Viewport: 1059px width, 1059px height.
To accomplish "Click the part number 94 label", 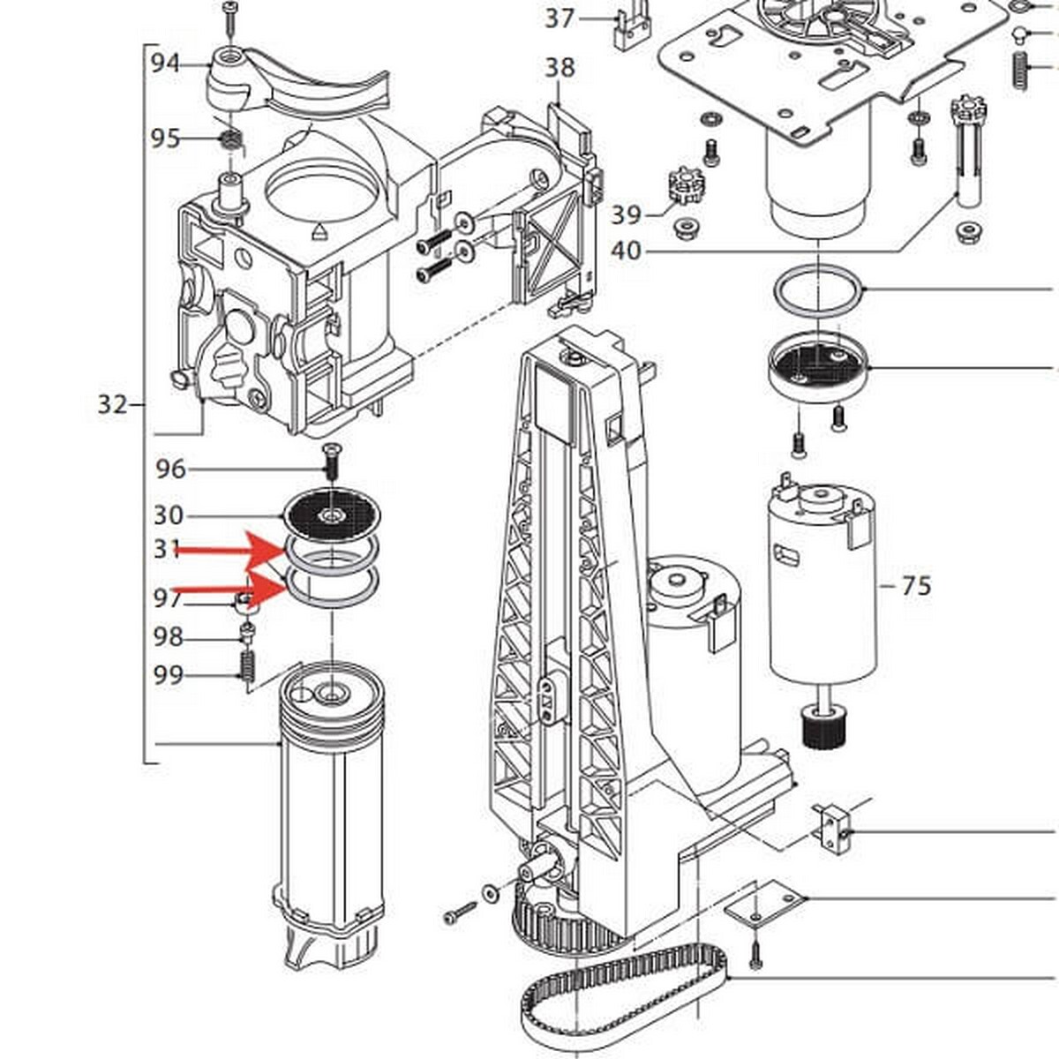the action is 165,64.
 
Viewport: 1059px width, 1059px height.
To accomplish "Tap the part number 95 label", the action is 165,139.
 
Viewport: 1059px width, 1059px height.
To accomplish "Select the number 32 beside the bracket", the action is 113,405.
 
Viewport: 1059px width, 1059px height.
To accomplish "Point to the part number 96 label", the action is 171,469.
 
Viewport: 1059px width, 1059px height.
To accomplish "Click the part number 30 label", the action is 169,515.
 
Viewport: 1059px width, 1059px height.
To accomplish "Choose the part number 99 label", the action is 169,675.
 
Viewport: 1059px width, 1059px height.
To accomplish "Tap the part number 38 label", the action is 560,68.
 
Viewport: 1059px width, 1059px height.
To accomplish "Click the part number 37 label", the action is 560,19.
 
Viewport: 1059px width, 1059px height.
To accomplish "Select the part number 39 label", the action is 626,214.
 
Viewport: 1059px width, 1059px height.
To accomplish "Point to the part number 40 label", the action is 626,252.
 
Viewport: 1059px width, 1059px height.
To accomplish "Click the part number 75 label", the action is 917,586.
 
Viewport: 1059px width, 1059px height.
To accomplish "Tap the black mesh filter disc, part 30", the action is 332,514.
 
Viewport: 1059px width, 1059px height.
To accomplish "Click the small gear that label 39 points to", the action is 683,185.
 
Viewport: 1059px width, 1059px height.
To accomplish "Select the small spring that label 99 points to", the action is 248,666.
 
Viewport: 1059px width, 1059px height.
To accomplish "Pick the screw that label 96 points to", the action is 330,462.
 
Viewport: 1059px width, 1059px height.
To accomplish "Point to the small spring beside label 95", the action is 231,142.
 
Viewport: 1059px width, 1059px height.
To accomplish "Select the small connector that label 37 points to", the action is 632,28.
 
